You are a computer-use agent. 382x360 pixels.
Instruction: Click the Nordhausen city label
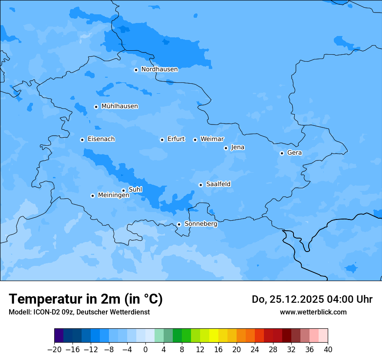pos(159,69)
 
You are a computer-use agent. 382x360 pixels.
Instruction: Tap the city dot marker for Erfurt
pos(162,140)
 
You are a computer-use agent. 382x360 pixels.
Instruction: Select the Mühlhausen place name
pos(119,106)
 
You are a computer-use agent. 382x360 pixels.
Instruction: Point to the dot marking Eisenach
pos(82,140)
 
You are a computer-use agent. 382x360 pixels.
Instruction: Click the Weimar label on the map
pos(212,139)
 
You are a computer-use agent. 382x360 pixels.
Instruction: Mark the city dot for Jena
pos(226,148)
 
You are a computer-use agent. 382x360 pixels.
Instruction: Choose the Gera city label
pos(294,153)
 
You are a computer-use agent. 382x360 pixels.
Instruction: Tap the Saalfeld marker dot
pos(201,185)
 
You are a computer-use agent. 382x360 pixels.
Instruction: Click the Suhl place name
pos(135,190)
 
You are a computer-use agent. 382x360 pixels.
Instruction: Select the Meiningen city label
pos(114,195)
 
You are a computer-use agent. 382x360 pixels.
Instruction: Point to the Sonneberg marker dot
pos(179,224)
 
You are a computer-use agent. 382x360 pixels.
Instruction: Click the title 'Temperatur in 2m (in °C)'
pos(86,299)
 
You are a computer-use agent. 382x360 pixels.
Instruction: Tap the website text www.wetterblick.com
pos(313,312)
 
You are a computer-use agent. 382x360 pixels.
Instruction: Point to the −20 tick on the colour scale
pos(54,350)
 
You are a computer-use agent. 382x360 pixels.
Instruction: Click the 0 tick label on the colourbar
pos(145,350)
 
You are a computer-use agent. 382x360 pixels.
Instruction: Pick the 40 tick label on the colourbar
pos(328,350)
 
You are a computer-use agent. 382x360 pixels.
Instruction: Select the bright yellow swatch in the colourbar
pos(214,336)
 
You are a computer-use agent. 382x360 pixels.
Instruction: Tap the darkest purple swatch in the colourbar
pos(59,336)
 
